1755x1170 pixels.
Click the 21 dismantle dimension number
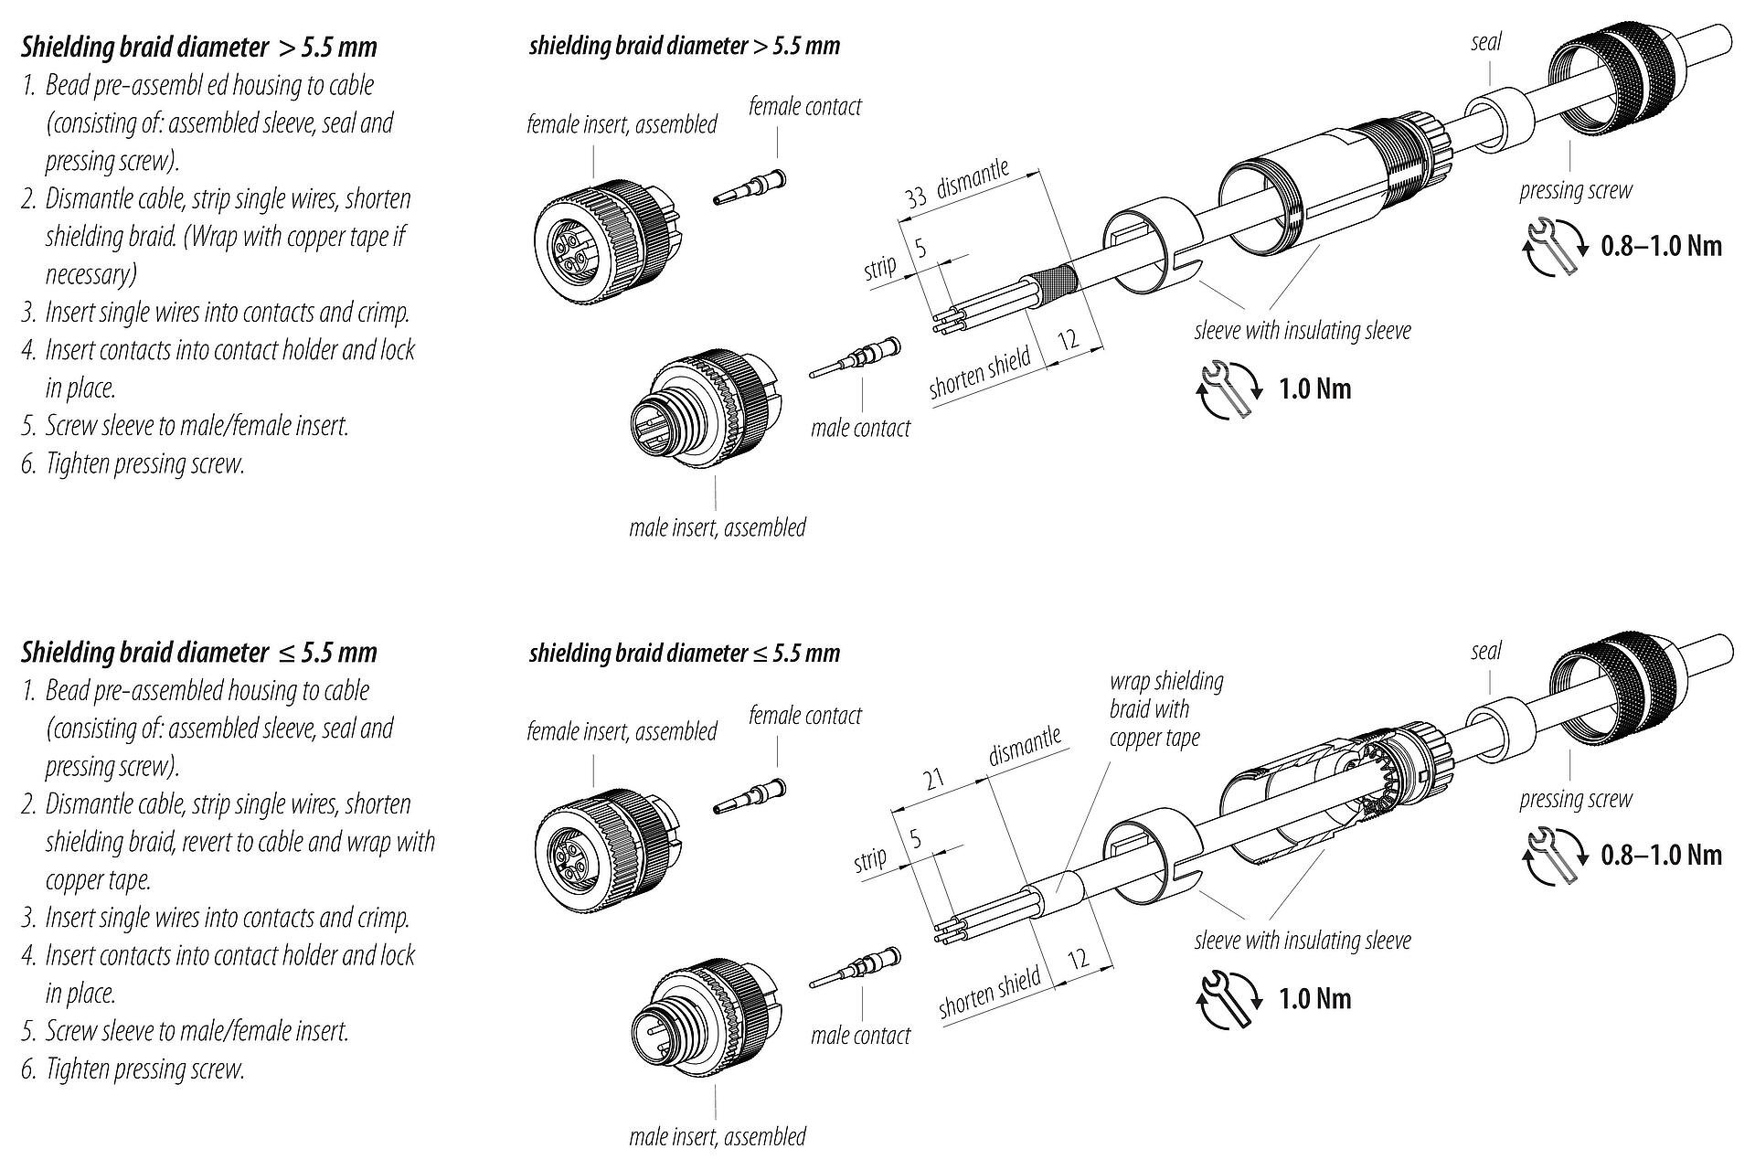point(933,780)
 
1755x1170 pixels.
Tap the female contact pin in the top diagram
point(749,186)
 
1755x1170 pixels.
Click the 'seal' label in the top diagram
point(1486,42)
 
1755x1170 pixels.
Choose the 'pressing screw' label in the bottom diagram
point(1575,799)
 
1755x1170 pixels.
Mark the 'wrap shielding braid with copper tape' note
point(1165,709)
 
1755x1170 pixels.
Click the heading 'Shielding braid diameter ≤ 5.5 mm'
point(199,652)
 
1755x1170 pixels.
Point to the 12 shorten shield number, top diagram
point(1069,340)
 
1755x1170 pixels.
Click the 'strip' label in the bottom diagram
point(869,860)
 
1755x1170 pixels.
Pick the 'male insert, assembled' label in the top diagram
point(718,527)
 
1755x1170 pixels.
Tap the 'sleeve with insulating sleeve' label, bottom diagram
point(1302,940)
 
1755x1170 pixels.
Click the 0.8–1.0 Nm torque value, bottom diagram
point(1661,855)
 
